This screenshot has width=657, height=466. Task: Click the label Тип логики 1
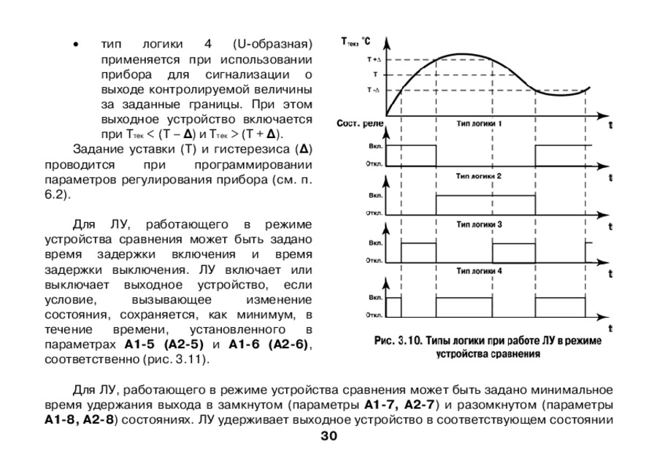point(478,125)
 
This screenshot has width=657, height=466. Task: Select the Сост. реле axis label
point(359,125)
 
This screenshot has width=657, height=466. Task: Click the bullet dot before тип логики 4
point(74,45)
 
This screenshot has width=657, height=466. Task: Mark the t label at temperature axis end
point(610,125)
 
